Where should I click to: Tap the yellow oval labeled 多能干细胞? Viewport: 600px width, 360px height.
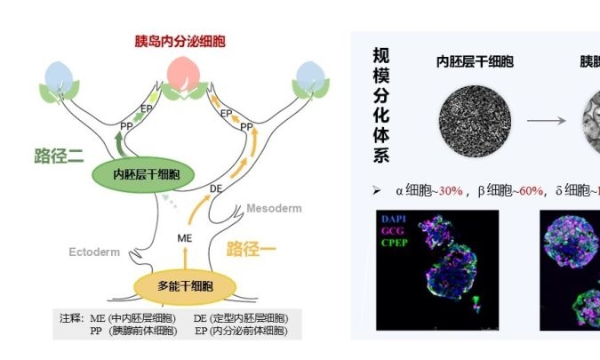(x=185, y=285)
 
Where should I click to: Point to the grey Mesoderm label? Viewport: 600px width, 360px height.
(x=274, y=208)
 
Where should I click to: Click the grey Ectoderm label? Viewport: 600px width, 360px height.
(x=94, y=252)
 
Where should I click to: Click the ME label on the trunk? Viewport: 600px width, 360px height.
(x=185, y=237)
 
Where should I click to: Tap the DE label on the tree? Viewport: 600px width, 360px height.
(x=216, y=188)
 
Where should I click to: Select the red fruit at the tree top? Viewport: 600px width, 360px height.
(x=183, y=69)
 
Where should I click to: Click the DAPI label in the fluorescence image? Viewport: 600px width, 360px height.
(x=393, y=219)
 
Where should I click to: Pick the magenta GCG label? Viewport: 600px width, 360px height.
(x=392, y=229)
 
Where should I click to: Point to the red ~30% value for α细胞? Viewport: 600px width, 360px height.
(x=448, y=190)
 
